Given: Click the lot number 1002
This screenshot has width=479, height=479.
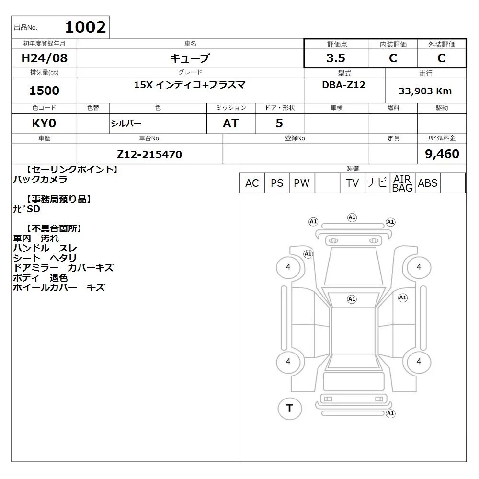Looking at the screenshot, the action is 85,27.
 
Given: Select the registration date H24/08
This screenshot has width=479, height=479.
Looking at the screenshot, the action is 44,58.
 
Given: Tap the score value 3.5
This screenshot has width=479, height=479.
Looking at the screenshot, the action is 336,58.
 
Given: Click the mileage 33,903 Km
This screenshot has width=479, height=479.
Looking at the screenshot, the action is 425,91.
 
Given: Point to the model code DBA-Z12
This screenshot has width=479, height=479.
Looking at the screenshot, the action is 343,85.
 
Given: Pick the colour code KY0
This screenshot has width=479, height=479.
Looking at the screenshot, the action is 44,124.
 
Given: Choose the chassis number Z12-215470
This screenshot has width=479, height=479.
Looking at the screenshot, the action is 149,154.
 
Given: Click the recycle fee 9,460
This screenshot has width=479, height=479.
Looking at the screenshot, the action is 442,154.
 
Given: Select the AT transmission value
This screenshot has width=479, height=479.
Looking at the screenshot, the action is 231,124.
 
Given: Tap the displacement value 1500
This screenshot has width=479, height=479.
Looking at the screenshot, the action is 44,91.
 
